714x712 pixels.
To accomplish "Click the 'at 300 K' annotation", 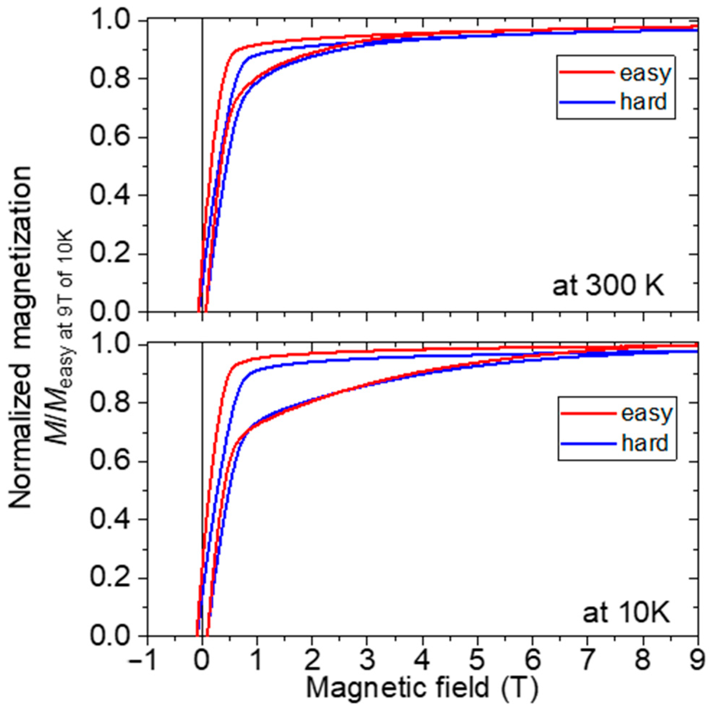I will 608,287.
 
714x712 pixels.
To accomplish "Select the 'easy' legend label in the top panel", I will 644,73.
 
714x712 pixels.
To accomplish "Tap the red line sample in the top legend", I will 588,73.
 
